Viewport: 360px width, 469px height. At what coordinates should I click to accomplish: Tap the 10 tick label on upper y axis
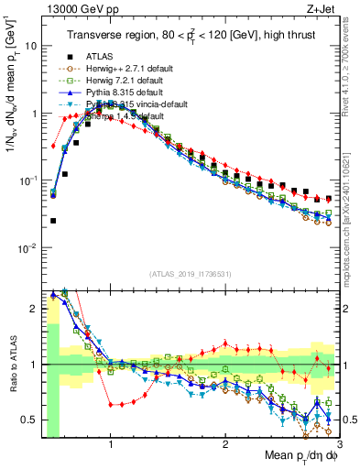pos(29,46)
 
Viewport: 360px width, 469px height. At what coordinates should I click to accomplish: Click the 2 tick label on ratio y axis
pos(32,309)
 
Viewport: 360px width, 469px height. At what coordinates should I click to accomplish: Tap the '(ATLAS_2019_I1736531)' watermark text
pos(190,273)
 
